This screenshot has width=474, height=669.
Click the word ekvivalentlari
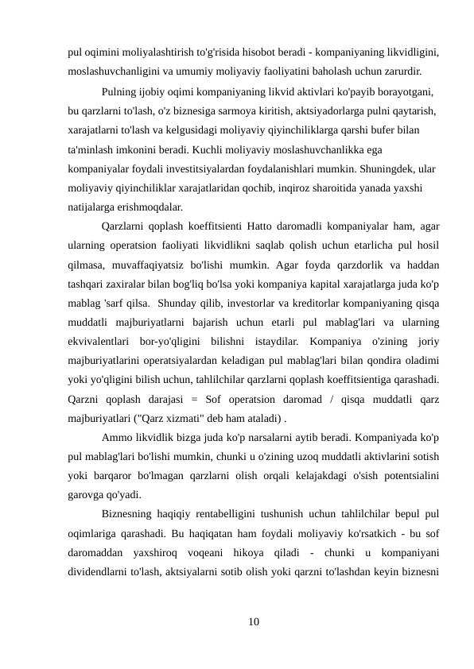[x=99, y=342]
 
